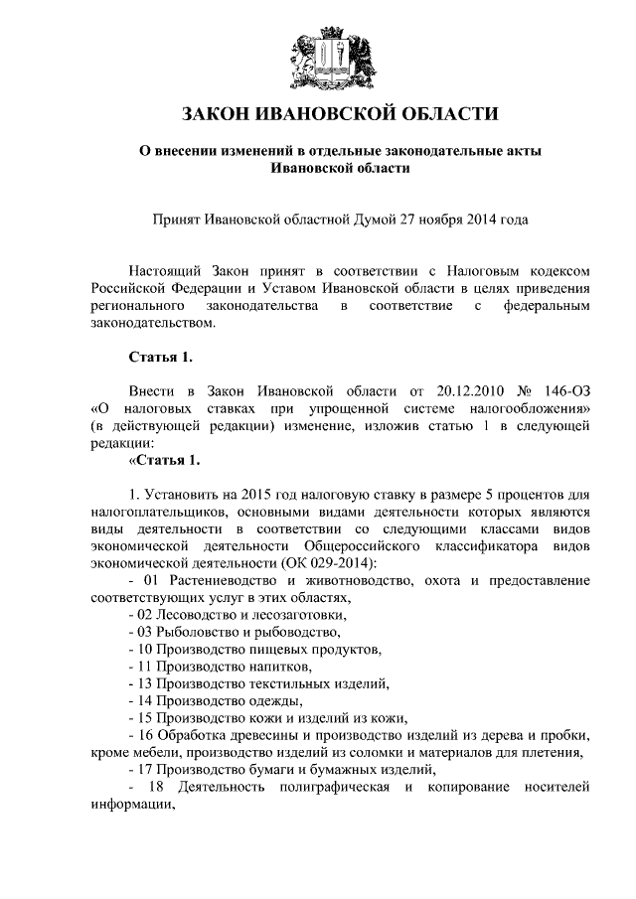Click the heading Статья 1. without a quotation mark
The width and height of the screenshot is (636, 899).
[x=159, y=356]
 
